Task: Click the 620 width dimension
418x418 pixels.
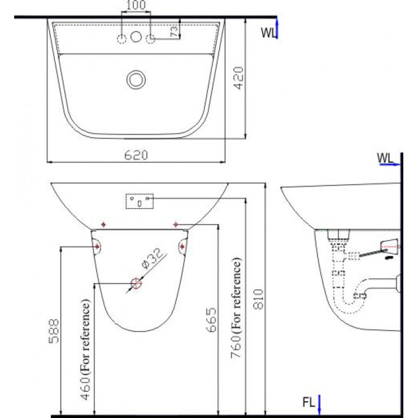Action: point(136,155)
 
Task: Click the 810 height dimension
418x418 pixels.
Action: point(259,298)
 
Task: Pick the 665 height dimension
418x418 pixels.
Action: point(211,319)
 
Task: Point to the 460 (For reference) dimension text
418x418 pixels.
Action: point(86,350)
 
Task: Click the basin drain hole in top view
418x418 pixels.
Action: point(136,79)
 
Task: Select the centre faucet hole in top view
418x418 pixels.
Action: point(136,38)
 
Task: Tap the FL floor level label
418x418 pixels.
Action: point(308,404)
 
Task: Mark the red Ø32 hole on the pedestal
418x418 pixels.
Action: point(136,284)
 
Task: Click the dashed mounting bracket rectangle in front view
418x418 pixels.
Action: point(139,201)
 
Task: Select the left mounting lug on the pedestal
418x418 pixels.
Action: point(97,246)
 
